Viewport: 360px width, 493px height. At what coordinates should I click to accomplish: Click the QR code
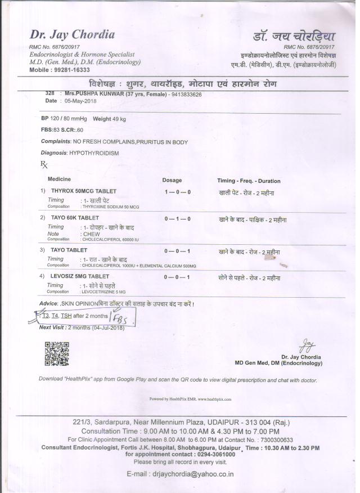point(56,354)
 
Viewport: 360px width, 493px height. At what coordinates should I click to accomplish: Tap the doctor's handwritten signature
point(307,343)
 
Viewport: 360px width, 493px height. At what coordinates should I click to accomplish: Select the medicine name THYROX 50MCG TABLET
point(83,191)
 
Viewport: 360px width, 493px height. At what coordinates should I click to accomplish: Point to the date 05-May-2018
point(80,101)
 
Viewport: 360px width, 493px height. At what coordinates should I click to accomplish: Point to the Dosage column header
point(172,180)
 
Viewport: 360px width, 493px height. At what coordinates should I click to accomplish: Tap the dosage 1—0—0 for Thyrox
point(177,192)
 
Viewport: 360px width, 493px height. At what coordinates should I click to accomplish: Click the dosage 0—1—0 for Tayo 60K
point(177,218)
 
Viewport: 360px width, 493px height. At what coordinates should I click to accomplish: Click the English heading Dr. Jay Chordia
point(73,35)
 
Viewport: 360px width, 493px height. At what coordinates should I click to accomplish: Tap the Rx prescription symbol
point(44,164)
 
